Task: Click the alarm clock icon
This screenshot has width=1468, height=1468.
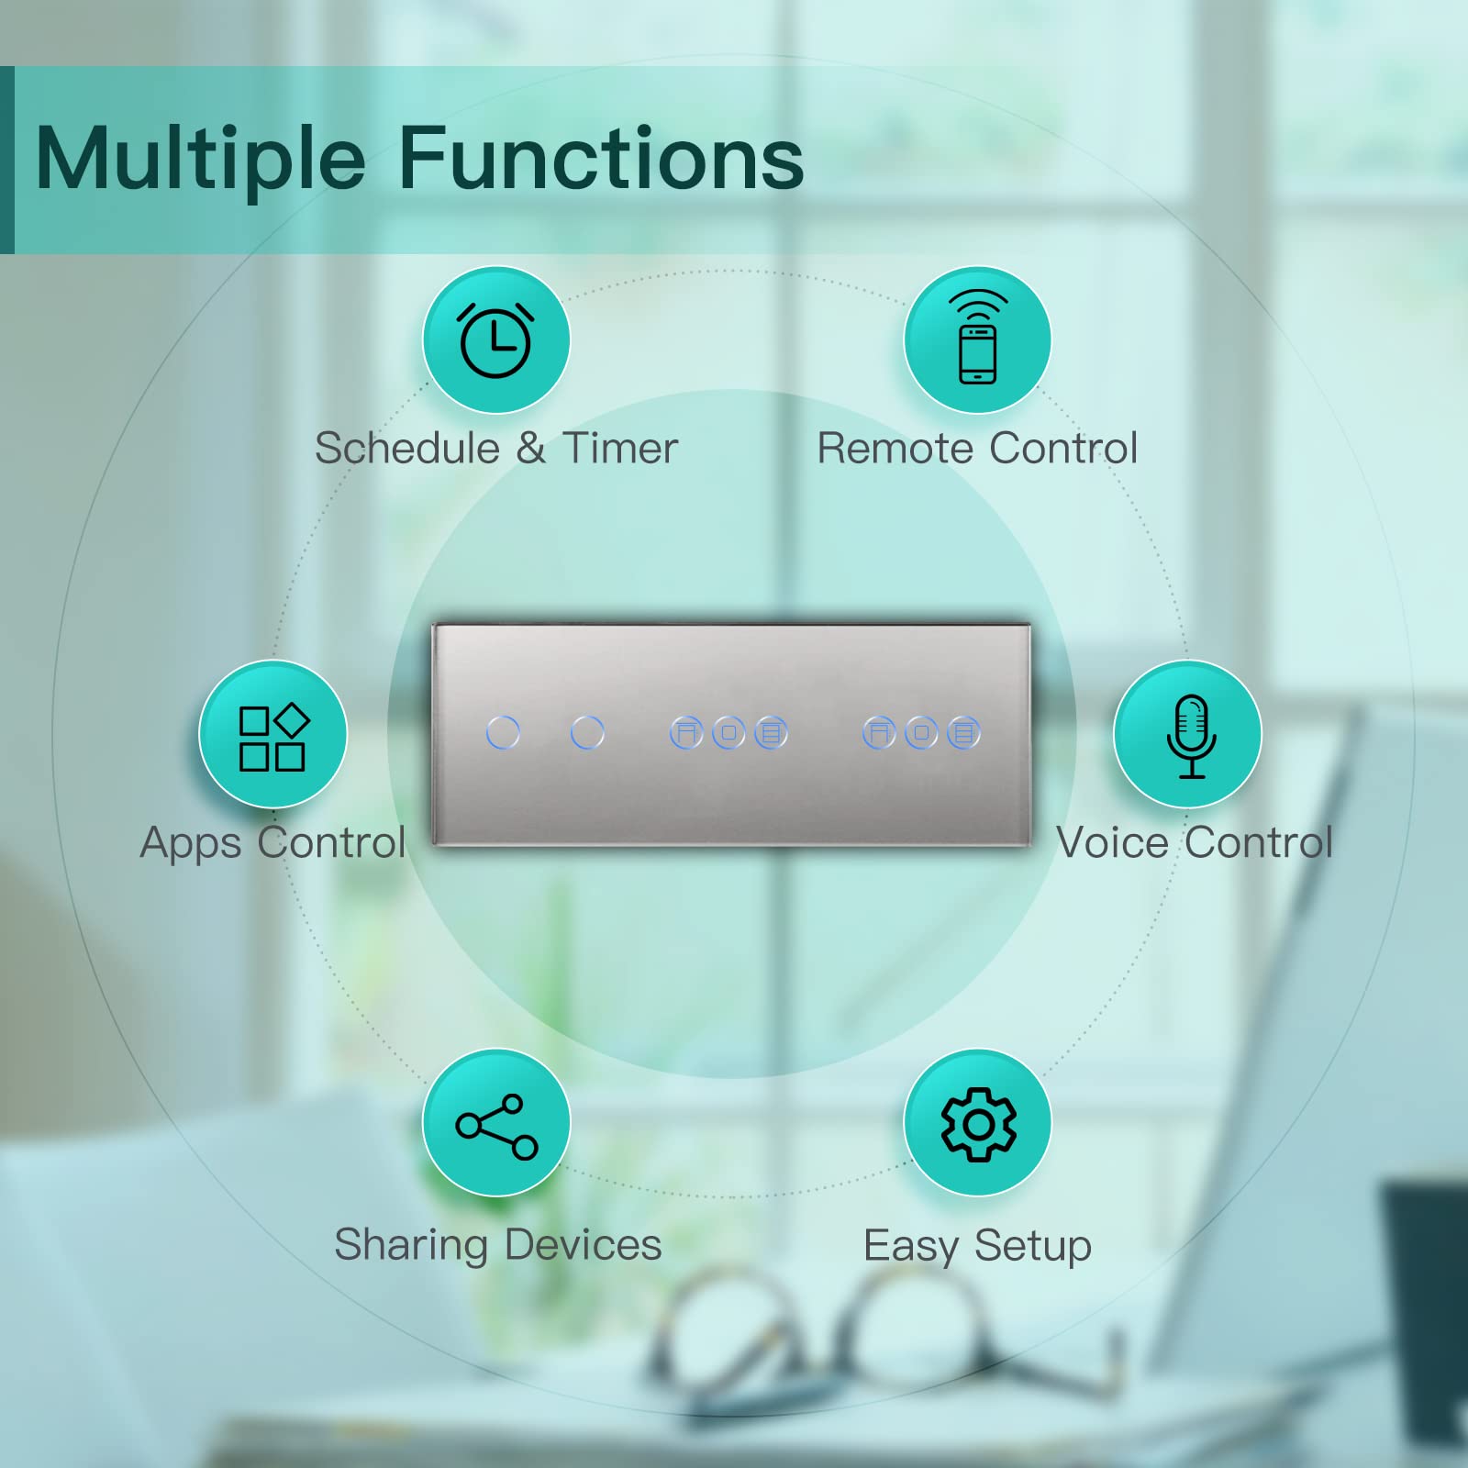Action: click(495, 340)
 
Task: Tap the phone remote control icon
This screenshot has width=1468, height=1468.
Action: click(978, 338)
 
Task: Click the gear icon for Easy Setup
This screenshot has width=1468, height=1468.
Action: click(978, 1124)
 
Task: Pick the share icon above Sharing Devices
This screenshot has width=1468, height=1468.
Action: click(497, 1127)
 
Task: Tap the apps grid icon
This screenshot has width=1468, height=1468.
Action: click(273, 737)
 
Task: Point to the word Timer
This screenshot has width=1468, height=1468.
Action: click(620, 448)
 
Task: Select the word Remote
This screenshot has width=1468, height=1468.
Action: click(895, 448)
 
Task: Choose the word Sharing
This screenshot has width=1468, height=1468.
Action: click(411, 1246)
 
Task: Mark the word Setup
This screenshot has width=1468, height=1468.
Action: click(1033, 1247)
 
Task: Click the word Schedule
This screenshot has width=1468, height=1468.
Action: click(407, 448)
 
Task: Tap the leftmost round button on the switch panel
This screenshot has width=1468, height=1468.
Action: click(503, 733)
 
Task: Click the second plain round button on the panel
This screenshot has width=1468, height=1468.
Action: click(587, 733)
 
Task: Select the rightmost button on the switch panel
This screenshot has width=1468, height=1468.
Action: click(963, 733)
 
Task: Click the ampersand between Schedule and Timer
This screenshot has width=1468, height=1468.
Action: click(531, 449)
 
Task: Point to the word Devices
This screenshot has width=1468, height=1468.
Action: click(583, 1245)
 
